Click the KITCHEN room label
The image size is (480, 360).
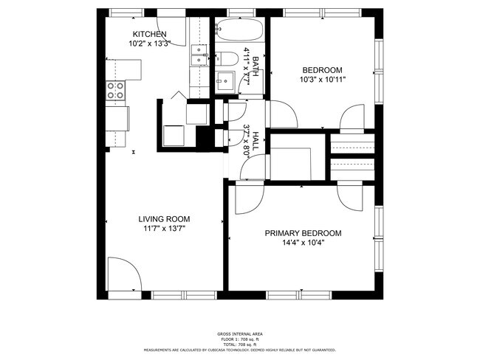149,34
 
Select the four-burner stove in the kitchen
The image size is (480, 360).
116,90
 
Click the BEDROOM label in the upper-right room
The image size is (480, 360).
323,70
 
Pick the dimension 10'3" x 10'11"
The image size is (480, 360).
323,80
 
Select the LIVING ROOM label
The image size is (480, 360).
164,218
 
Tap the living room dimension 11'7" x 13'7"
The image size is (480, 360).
164,229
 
